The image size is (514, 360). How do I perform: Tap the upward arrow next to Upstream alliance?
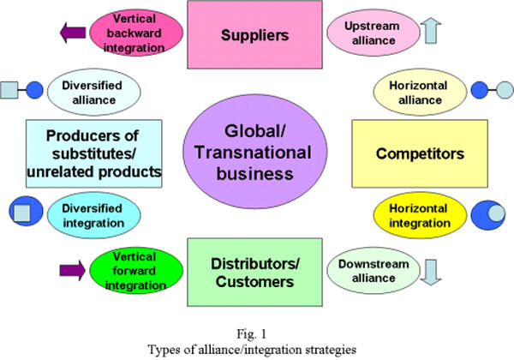tap(430, 31)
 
